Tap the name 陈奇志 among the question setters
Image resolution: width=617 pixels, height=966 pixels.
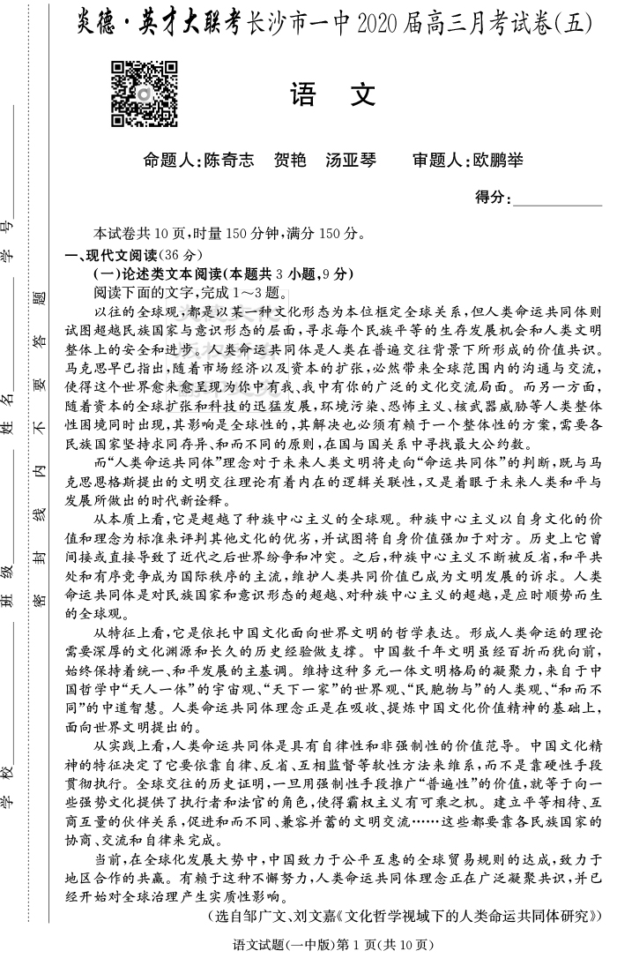(x=228, y=161)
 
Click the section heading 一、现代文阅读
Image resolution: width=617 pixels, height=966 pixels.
(x=110, y=256)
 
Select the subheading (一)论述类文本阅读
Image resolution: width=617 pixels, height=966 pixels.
(x=159, y=274)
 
